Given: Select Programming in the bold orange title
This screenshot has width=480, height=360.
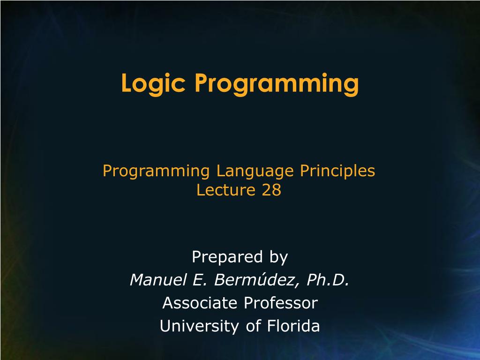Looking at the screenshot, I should tap(277, 84).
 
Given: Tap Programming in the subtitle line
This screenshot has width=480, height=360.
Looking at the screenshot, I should tap(156, 172).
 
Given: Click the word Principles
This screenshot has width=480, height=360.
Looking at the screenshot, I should tap(337, 172).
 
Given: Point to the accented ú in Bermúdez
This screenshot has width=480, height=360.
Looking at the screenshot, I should tap(263, 280).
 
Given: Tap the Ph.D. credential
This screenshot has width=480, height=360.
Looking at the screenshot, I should tap(328, 280).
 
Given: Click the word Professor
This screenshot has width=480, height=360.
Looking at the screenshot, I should tap(280, 303).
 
